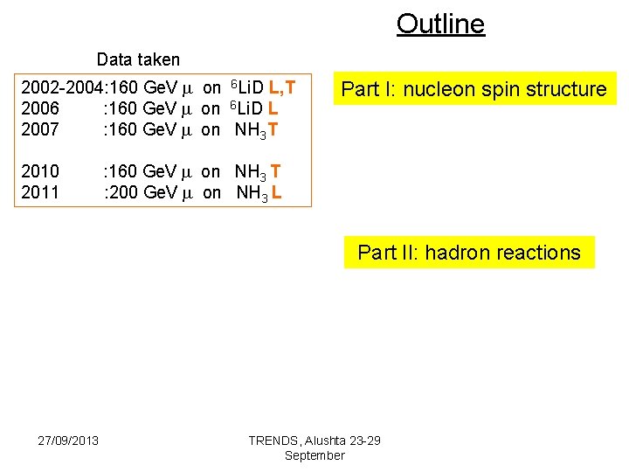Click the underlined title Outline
point(440,24)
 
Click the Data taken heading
point(138,59)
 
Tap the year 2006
point(40,108)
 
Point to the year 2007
point(40,129)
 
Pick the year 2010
point(40,171)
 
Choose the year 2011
point(40,191)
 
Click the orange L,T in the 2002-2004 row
point(281,87)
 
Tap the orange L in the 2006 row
point(273,108)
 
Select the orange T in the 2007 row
point(273,130)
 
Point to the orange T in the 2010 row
point(276,171)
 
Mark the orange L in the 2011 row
point(276,192)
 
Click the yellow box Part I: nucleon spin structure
point(473,89)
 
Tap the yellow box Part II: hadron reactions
point(469,253)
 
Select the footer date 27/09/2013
point(68,439)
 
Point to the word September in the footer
point(314,455)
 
